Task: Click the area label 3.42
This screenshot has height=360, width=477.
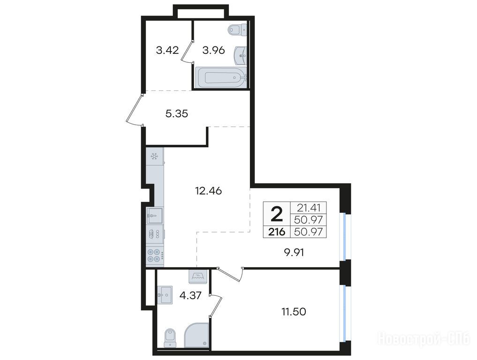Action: pyautogui.click(x=167, y=50)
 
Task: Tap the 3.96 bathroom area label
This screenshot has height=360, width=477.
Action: pyautogui.click(x=213, y=50)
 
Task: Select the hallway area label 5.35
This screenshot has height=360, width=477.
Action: pyautogui.click(x=177, y=114)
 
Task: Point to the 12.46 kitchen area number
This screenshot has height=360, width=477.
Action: pyautogui.click(x=208, y=191)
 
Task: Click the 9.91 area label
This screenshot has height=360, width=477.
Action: pyautogui.click(x=294, y=252)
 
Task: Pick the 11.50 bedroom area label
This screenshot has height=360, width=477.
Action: pyautogui.click(x=294, y=312)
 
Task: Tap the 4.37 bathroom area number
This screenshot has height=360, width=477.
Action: pyautogui.click(x=190, y=295)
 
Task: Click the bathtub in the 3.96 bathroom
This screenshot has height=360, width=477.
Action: pyautogui.click(x=221, y=77)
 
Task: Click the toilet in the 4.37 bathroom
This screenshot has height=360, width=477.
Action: pyautogui.click(x=170, y=338)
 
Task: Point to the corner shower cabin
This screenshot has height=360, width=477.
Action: pyautogui.click(x=197, y=335)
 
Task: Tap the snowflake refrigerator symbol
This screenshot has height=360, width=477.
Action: pyautogui.click(x=154, y=157)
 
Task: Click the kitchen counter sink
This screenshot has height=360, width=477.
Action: pyautogui.click(x=154, y=216)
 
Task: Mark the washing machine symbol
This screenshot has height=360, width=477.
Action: pyautogui.click(x=198, y=277)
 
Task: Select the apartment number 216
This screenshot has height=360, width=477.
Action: pyautogui.click(x=277, y=232)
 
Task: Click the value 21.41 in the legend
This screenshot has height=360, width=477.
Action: pyautogui.click(x=309, y=208)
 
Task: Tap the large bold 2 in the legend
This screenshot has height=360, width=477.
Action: pyautogui.click(x=277, y=214)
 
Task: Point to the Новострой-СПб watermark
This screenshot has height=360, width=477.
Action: pyautogui.click(x=424, y=339)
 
